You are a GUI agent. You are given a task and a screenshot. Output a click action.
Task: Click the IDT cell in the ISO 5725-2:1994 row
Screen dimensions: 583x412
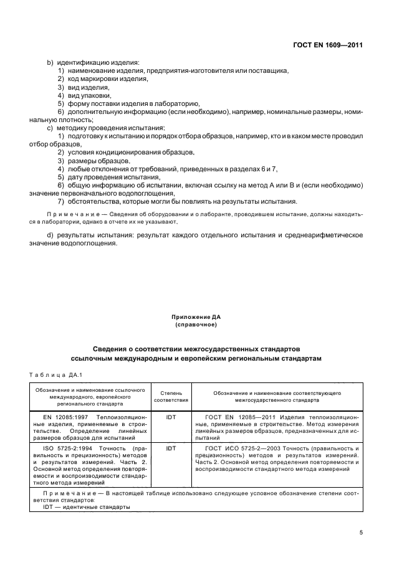(171, 448)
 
